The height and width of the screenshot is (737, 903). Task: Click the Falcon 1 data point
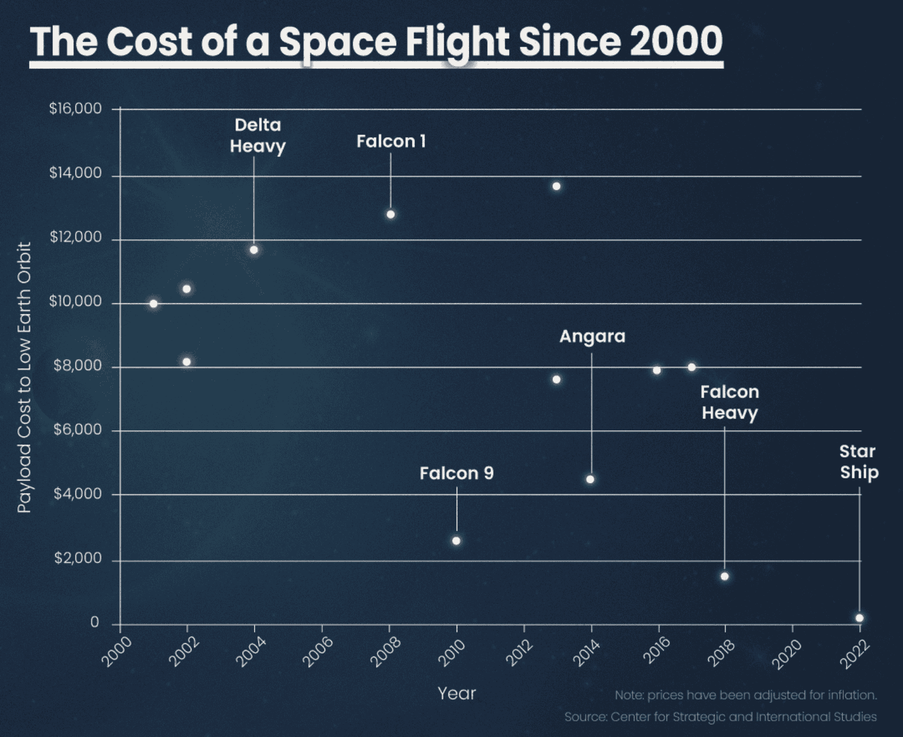click(x=391, y=215)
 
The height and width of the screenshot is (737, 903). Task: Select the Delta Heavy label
click(x=257, y=136)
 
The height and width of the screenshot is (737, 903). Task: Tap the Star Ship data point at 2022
click(x=860, y=618)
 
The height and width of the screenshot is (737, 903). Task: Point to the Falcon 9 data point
click(x=456, y=541)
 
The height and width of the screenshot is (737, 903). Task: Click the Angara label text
click(x=592, y=337)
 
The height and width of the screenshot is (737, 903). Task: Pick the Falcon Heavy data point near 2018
click(x=725, y=576)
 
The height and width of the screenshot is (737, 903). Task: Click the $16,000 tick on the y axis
click(x=75, y=108)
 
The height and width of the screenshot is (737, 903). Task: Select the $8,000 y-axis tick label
click(x=77, y=366)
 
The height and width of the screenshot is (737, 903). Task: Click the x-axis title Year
click(x=457, y=694)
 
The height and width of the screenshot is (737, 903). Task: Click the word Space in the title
click(x=337, y=42)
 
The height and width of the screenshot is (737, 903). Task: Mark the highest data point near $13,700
click(x=556, y=186)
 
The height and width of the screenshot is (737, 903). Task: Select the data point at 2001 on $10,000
click(x=154, y=304)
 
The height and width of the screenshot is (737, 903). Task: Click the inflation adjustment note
click(x=746, y=695)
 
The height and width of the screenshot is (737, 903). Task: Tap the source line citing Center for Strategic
click(x=720, y=717)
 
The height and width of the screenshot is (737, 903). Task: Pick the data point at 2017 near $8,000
click(x=691, y=367)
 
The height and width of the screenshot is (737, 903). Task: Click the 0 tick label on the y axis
click(x=94, y=622)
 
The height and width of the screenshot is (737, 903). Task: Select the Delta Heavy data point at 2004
click(x=254, y=250)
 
